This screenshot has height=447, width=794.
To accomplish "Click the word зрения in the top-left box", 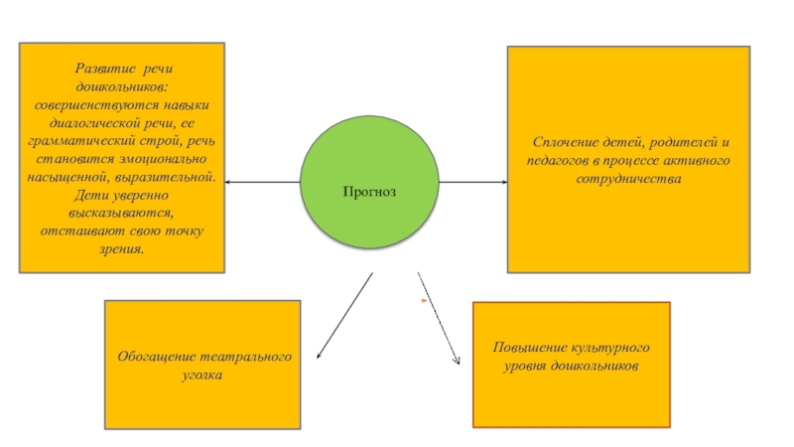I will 119,248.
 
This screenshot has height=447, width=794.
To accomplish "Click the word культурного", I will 609,349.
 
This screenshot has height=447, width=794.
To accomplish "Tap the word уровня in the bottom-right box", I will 527,367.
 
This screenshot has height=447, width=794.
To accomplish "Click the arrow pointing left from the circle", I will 262,183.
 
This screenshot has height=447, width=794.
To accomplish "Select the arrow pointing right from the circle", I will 473,183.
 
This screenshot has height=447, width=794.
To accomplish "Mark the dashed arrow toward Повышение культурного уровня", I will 439,319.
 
